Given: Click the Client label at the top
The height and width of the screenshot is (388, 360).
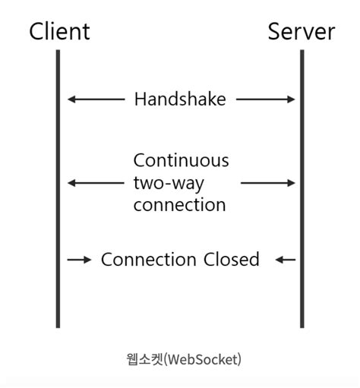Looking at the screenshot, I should pos(59,31).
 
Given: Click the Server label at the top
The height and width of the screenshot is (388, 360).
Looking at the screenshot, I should pos(301,31).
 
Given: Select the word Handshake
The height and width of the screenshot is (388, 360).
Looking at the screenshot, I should pos(180,99).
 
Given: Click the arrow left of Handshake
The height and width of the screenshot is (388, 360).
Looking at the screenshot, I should pos(95,99).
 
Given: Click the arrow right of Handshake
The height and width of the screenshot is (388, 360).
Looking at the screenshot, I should pos(265,99).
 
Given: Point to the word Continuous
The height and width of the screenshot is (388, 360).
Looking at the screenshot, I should pos(181,160).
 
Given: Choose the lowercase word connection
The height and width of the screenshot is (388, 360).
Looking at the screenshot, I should pos(179,205).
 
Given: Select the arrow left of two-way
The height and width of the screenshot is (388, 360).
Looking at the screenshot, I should pos(95,183).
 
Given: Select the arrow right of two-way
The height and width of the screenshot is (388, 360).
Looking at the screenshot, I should pos(268,183).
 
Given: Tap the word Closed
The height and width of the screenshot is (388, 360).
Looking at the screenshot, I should pos(231,260).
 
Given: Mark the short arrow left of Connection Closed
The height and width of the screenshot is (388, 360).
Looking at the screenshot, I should pos(79,260).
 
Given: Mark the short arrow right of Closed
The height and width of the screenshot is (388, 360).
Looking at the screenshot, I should pos(285,260).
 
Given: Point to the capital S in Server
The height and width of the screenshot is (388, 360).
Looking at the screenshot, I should pos(275,31).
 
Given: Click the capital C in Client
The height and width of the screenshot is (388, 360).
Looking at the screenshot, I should pos(36,31).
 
